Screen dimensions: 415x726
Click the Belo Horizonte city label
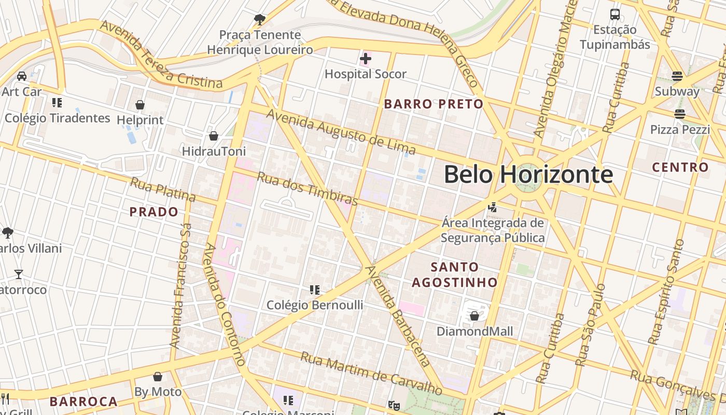pyautogui.click(x=528, y=175)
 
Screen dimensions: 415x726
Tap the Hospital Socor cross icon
pyautogui.click(x=366, y=59)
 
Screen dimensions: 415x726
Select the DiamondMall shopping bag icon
pyautogui.click(x=474, y=316)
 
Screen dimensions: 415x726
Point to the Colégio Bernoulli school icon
pyautogui.click(x=314, y=289)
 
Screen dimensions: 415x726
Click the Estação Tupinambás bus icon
pyautogui.click(x=615, y=15)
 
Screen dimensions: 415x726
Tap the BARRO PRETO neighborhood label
pyautogui.click(x=434, y=104)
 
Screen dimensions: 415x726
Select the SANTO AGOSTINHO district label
pyautogui.click(x=455, y=275)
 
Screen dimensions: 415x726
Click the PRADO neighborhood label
pyautogui.click(x=153, y=212)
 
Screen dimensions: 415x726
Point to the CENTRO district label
pyautogui.click(x=680, y=168)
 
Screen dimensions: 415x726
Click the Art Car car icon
pyautogui.click(x=22, y=76)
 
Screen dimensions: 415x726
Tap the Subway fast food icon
pyautogui.click(x=677, y=76)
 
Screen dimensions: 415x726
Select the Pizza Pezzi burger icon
pyautogui.click(x=680, y=114)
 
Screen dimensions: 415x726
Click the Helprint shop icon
pyautogui.click(x=139, y=105)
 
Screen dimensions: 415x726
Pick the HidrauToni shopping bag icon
pyautogui.click(x=213, y=136)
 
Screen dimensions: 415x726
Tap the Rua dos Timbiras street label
pyautogui.click(x=308, y=188)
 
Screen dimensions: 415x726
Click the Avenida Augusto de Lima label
pyautogui.click(x=341, y=132)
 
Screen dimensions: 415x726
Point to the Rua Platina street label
pyautogui.click(x=162, y=189)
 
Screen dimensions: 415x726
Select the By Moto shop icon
pyautogui.click(x=158, y=377)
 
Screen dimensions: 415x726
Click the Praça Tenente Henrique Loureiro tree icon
pyautogui.click(x=260, y=20)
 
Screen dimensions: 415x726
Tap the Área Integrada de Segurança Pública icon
pyautogui.click(x=492, y=208)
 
